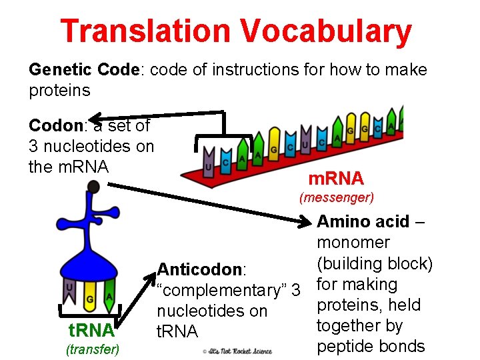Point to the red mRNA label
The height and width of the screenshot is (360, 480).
336,179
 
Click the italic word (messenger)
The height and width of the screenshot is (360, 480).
337,197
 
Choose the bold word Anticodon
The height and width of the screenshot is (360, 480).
199,269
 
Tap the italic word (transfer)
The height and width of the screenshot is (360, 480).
92,348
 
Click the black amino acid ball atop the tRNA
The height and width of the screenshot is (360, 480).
94,187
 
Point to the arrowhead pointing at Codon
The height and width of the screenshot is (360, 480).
96,117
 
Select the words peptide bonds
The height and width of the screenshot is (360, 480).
371,346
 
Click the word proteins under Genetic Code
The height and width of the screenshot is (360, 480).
59,89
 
